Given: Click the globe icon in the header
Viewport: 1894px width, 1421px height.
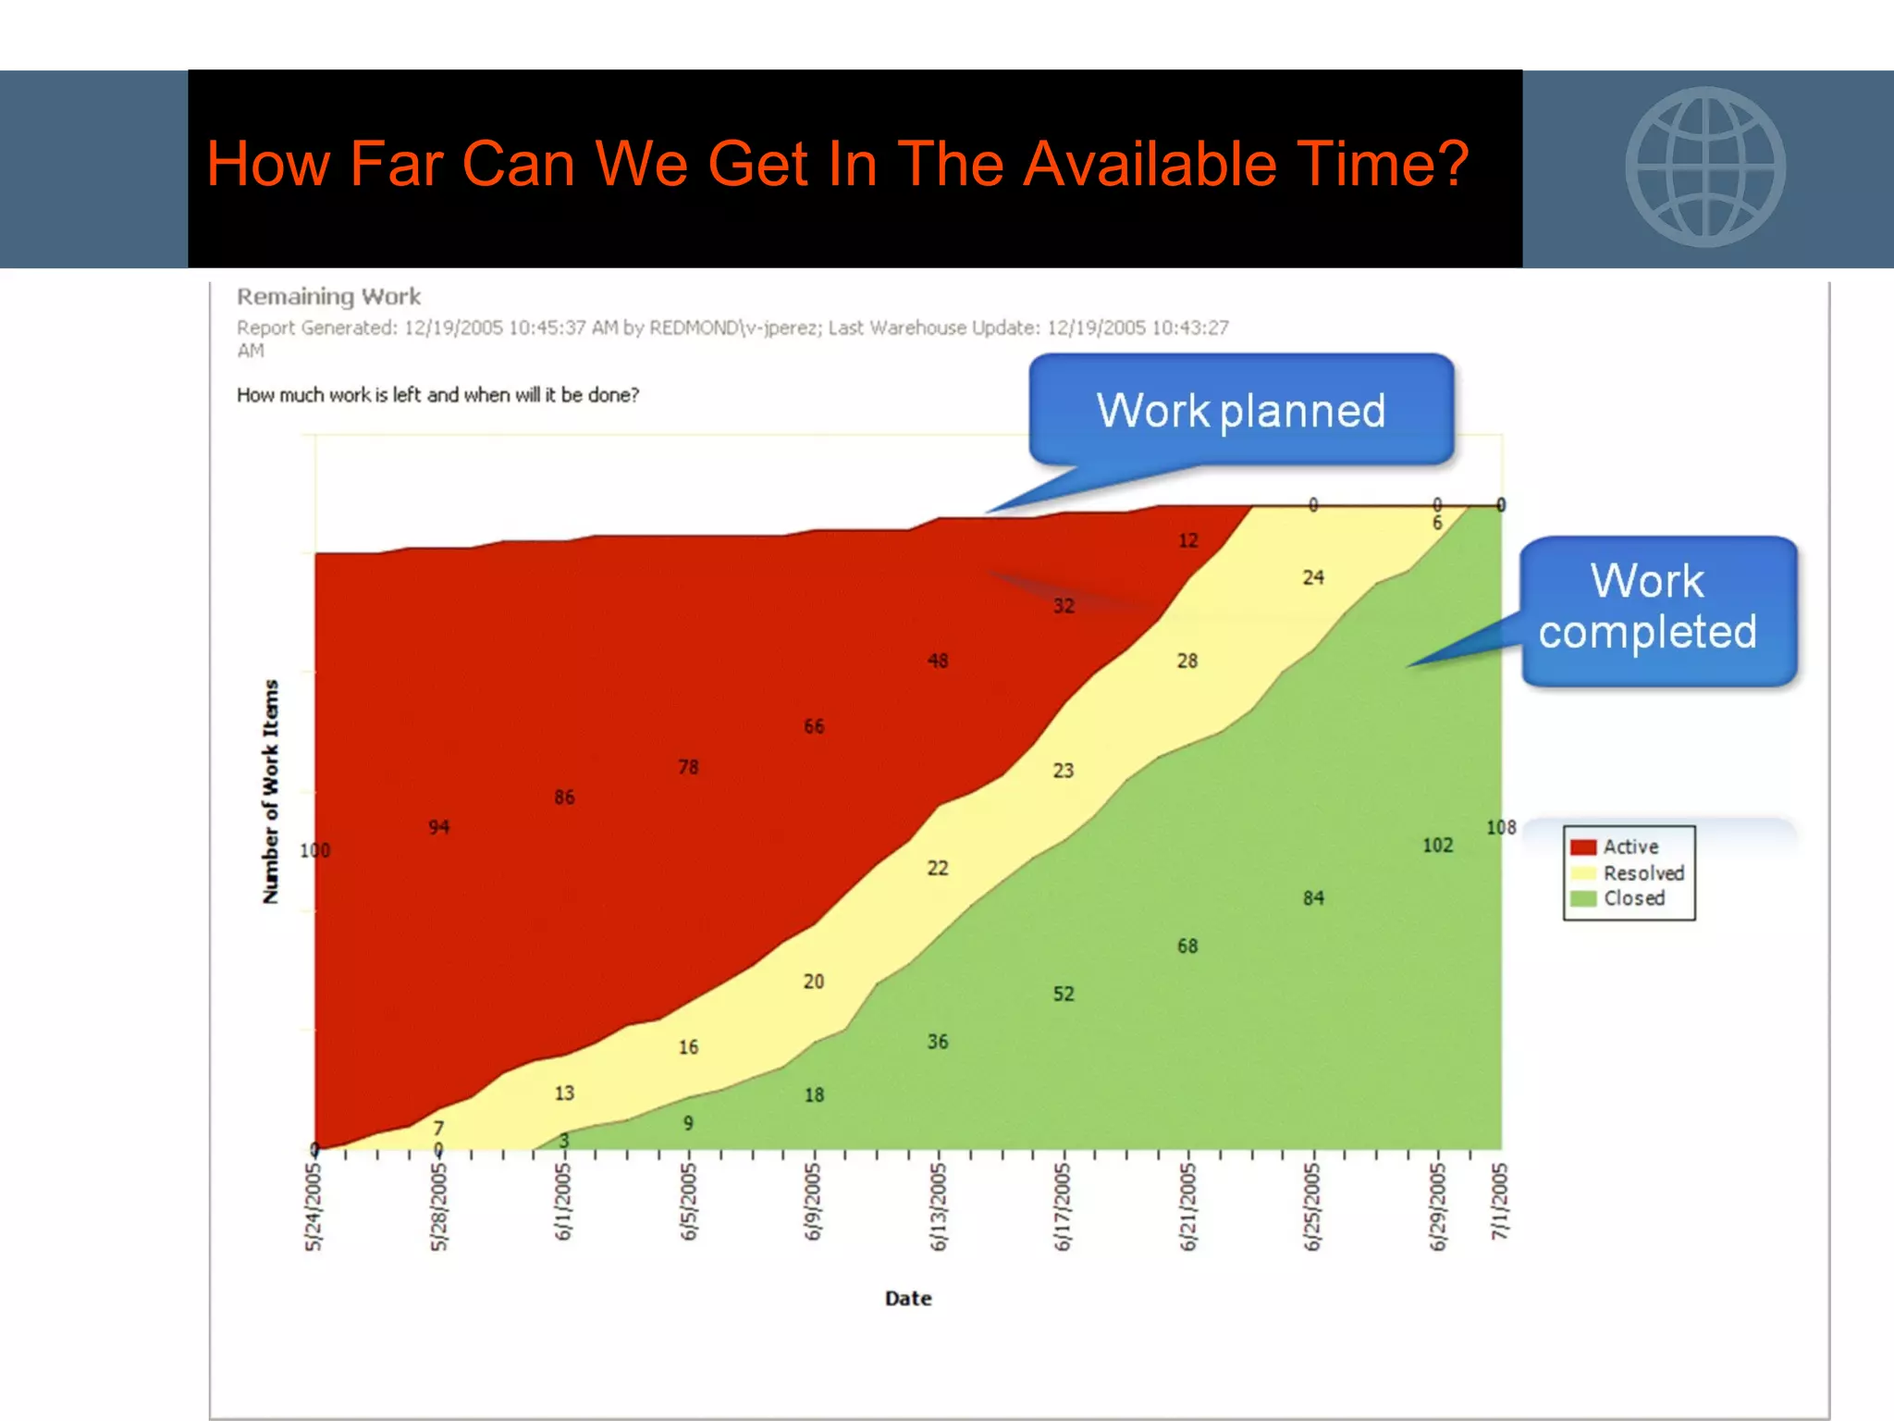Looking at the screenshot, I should pyautogui.click(x=1705, y=167).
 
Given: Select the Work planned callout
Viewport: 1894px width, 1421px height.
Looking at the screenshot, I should pyautogui.click(x=1241, y=410).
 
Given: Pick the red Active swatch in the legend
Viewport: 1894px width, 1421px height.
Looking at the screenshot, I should pyautogui.click(x=1583, y=846).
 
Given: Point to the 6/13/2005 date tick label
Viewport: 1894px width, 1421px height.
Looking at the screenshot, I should pyautogui.click(x=938, y=1206).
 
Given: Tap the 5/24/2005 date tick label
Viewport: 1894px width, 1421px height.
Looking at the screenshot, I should pyautogui.click(x=314, y=1206).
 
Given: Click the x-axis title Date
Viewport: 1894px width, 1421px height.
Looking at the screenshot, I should pyautogui.click(x=907, y=1298).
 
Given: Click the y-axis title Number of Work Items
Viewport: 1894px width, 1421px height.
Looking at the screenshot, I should pyautogui.click(x=270, y=791).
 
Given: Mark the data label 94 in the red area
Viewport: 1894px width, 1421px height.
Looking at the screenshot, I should pyautogui.click(x=438, y=827).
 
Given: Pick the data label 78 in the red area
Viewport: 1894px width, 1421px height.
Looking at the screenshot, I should pyautogui.click(x=688, y=767).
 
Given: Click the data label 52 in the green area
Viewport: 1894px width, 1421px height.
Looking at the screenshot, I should pyautogui.click(x=1064, y=994).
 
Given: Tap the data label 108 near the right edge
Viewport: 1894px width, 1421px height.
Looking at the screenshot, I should pyautogui.click(x=1501, y=827).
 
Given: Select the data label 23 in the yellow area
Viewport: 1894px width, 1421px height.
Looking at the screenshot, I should pyautogui.click(x=1064, y=770).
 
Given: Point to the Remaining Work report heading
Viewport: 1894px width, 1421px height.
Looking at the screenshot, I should pyautogui.click(x=328, y=297).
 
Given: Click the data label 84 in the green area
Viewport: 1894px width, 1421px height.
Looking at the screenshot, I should pyautogui.click(x=1313, y=897).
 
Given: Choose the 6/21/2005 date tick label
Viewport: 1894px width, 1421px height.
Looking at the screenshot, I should pyautogui.click(x=1187, y=1206).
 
